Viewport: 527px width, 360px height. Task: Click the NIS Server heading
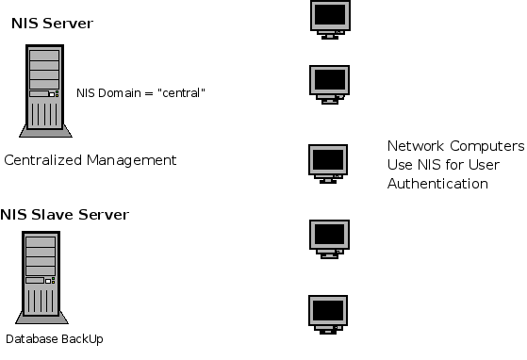click(x=51, y=22)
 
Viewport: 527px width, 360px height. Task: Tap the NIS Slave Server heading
click(x=64, y=214)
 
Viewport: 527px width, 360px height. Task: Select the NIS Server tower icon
click(x=41, y=90)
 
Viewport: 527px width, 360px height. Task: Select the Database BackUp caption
click(x=53, y=338)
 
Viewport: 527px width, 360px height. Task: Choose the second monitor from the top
click(x=329, y=82)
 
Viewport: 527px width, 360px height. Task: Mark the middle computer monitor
click(x=329, y=161)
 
